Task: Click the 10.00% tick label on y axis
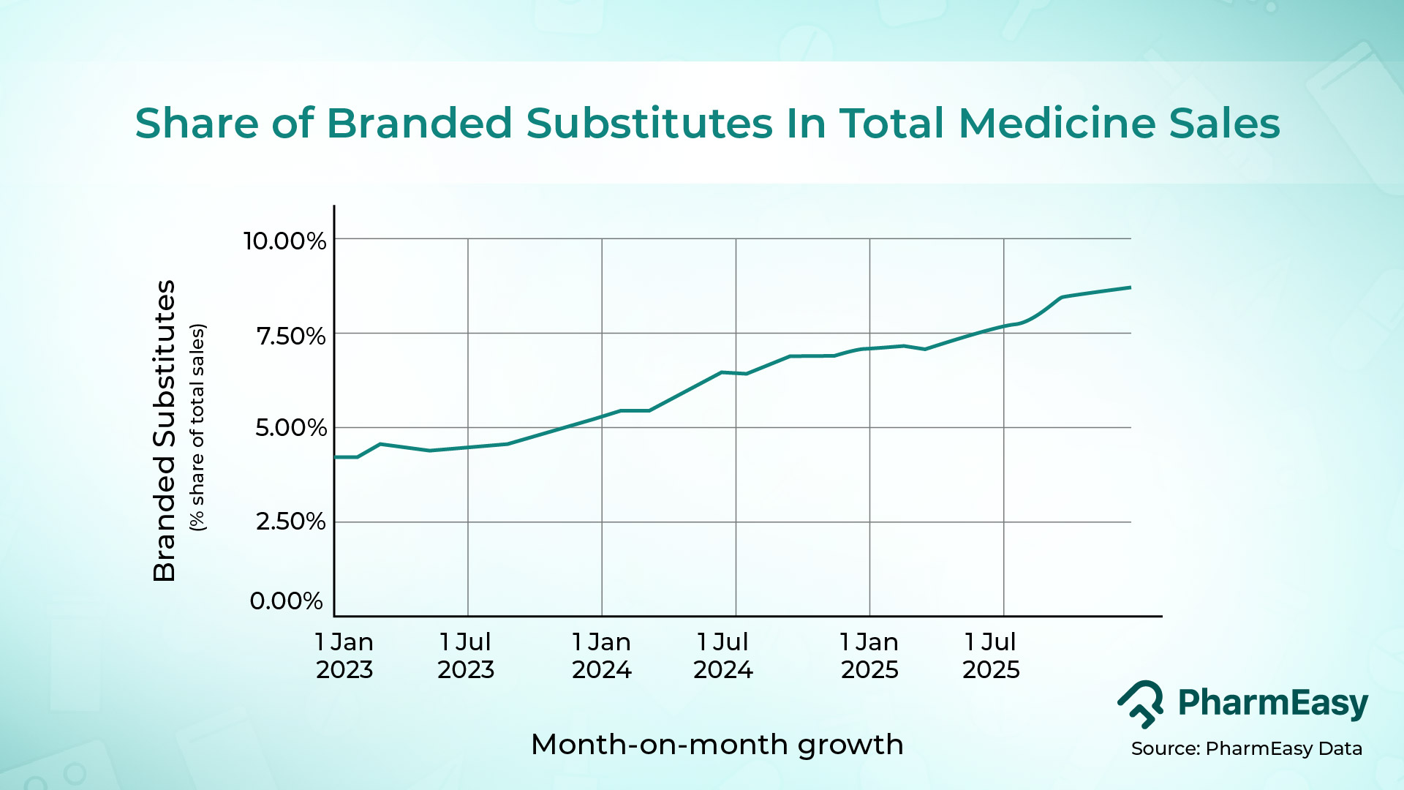tap(284, 241)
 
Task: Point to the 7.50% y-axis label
tap(290, 336)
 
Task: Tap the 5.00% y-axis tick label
tap(290, 428)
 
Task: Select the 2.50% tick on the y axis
tap(290, 522)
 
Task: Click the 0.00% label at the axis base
tap(286, 601)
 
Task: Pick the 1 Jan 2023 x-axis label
tap(344, 655)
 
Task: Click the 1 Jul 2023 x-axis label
tap(466, 655)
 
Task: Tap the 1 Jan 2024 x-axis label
tap(601, 655)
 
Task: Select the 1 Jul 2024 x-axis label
tap(722, 655)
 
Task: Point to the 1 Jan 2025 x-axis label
tap(869, 655)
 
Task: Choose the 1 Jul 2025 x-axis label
tap(991, 655)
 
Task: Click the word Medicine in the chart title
tap(1057, 123)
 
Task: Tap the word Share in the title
tap(196, 123)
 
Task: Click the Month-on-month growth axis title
tap(717, 745)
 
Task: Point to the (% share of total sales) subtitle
tap(197, 427)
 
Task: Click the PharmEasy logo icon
tap(1141, 704)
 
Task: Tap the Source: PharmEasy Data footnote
tap(1246, 748)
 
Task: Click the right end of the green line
tap(1130, 287)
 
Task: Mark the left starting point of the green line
tap(336, 457)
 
